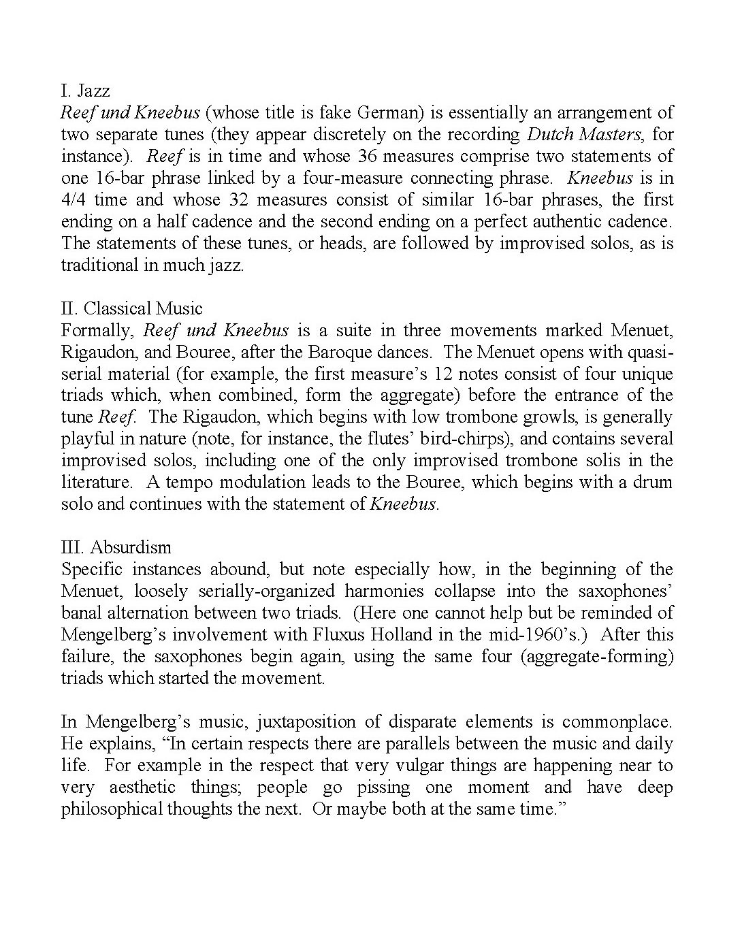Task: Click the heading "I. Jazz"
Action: coord(85,91)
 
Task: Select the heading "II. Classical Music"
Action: coord(131,308)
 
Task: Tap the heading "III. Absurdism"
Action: coord(116,547)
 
